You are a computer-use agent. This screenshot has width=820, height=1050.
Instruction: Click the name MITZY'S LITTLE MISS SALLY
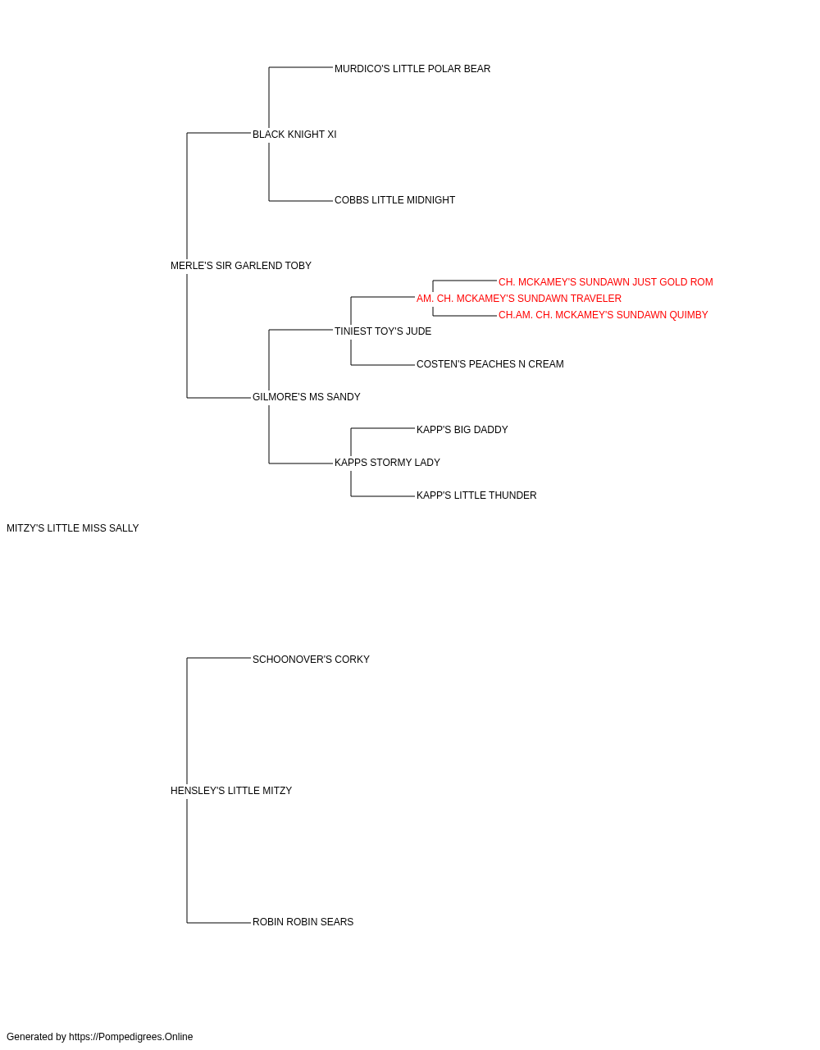pos(72,528)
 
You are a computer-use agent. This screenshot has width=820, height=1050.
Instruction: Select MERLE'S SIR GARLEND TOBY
pos(240,266)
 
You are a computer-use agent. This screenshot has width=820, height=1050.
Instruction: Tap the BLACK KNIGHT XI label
pos(294,135)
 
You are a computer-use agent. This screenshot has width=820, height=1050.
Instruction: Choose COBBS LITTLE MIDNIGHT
pos(394,200)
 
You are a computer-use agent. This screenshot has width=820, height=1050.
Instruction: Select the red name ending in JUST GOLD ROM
pos(606,281)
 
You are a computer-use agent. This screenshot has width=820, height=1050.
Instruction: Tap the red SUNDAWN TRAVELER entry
pos(519,298)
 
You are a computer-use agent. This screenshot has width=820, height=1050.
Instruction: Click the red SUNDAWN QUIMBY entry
pos(604,314)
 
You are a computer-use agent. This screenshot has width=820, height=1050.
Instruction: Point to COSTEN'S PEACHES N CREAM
pos(490,364)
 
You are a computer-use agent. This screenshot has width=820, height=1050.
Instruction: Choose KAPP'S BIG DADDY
pos(462,430)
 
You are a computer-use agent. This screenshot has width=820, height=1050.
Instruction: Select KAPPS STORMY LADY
pos(387,463)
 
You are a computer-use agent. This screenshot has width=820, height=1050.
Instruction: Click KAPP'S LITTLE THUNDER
pos(476,495)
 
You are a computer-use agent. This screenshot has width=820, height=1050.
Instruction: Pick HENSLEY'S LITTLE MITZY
pos(231,791)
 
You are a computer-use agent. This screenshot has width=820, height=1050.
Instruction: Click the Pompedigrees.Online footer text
pos(99,1037)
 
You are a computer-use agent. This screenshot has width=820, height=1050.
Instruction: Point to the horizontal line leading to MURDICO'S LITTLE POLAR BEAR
pos(301,67)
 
